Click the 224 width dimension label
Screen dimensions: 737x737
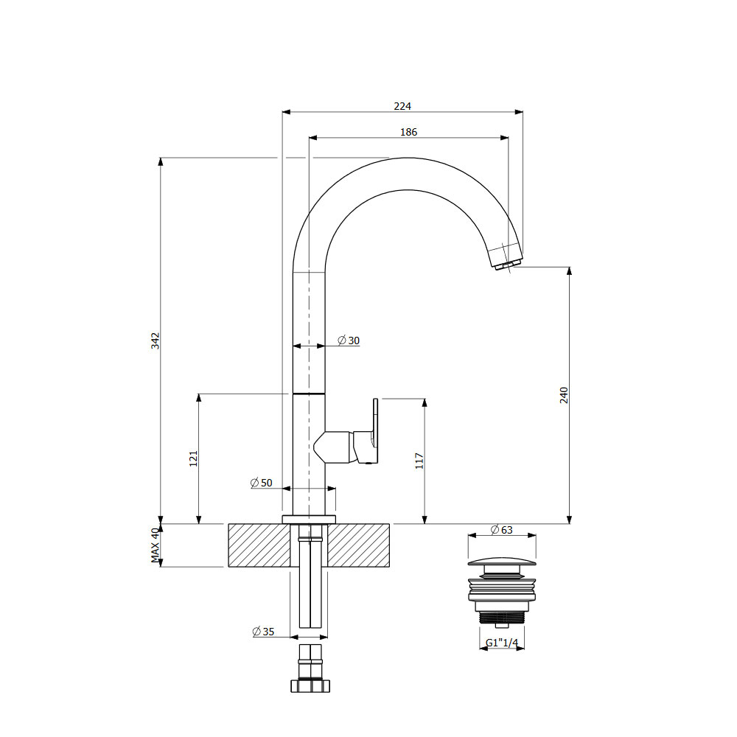tap(402, 106)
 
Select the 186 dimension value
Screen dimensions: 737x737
tap(408, 132)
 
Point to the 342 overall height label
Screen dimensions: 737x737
tap(156, 340)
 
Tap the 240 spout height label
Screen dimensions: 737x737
tap(564, 395)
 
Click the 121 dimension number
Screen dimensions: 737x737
tap(193, 458)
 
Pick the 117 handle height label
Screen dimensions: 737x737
tap(419, 461)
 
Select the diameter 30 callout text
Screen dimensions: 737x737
tap(349, 340)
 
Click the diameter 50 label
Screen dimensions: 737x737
tap(262, 483)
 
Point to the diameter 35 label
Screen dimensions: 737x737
tap(263, 632)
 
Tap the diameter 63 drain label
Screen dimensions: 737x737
tap(501, 530)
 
